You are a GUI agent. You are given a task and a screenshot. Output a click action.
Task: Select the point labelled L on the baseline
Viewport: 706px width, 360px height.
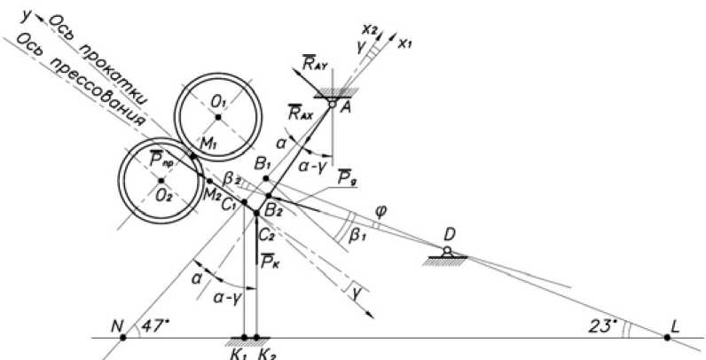[x=667, y=338]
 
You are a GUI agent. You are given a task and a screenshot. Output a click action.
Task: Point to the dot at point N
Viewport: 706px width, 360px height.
[x=124, y=338]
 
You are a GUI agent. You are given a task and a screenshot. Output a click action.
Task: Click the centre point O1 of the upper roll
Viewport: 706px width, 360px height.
[x=218, y=116]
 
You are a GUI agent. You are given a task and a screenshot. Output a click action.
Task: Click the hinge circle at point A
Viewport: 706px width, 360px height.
[x=333, y=105]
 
